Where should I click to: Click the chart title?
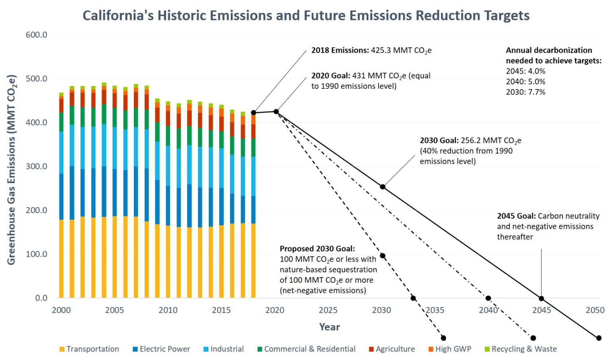click(306, 16)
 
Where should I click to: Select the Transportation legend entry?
click(89, 349)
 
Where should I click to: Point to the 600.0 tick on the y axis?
click(36, 35)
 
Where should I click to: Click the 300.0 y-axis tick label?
click(36, 166)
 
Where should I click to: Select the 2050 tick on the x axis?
click(595, 310)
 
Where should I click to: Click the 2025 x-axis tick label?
click(328, 310)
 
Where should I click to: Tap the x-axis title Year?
click(329, 327)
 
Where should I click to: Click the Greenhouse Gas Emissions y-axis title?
click(11, 170)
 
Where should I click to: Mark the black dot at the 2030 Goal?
click(382, 187)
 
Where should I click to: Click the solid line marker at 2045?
click(541, 298)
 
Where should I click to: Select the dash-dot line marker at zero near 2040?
click(488, 298)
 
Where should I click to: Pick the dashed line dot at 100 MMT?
click(382, 256)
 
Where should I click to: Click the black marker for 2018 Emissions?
click(253, 113)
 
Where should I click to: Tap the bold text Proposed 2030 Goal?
click(317, 248)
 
